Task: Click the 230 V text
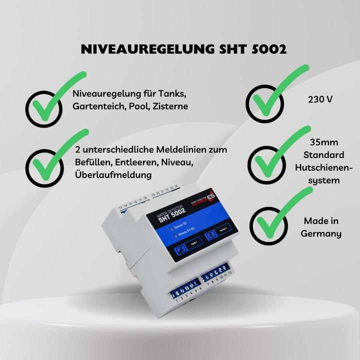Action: [320, 99]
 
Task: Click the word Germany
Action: [321, 233]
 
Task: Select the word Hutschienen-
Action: [321, 167]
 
